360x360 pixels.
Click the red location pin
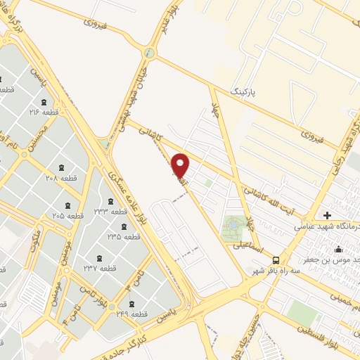[181, 165]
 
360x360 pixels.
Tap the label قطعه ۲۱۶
[44, 112]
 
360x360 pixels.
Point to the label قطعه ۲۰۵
[69, 215]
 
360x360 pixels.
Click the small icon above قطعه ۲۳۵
[124, 226]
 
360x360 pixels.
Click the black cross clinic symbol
[327, 214]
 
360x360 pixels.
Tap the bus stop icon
[276, 259]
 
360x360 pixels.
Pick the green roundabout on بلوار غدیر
[148, 53]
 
